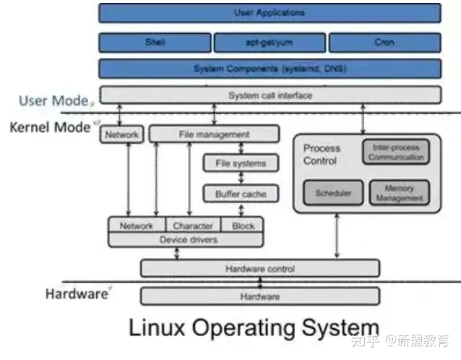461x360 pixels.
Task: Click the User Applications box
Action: click(x=269, y=13)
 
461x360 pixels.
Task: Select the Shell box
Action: click(x=154, y=42)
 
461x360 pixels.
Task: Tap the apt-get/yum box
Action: click(x=269, y=42)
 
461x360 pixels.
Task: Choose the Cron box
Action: click(x=384, y=42)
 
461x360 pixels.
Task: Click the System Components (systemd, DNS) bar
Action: click(x=269, y=69)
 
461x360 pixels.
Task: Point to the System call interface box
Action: click(x=269, y=95)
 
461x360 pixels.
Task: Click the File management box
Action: click(x=214, y=134)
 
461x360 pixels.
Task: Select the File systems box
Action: click(x=240, y=163)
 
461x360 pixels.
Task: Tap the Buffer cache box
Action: click(x=240, y=194)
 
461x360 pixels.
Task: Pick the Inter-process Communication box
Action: click(x=395, y=152)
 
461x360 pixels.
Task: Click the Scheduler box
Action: click(x=333, y=193)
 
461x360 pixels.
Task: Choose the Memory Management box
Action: click(x=399, y=193)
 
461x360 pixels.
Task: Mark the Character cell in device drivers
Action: click(x=193, y=226)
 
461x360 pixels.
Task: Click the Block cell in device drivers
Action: click(x=244, y=226)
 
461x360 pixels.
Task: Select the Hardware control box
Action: click(x=259, y=269)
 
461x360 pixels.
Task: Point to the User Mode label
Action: click(x=53, y=100)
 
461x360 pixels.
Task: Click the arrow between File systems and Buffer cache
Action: click(x=240, y=179)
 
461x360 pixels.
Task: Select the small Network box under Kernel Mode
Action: click(x=121, y=134)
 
